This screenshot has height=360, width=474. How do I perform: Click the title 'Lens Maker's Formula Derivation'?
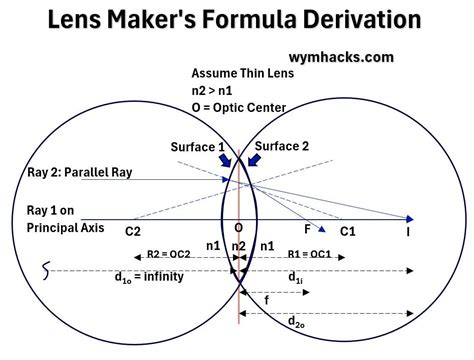tap(237, 19)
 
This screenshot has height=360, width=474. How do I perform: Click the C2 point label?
tap(132, 232)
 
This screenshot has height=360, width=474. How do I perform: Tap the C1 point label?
tap(348, 232)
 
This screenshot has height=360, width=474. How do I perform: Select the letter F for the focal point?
tap(308, 229)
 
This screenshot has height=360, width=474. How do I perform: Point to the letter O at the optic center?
tap(238, 228)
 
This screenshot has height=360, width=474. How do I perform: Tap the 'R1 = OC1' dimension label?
tap(308, 254)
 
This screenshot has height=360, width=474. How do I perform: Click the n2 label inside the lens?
tap(238, 245)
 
